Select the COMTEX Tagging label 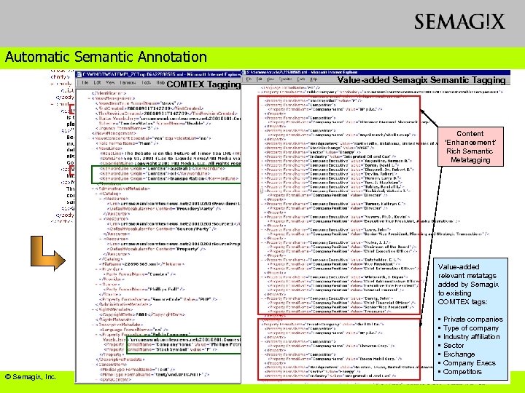[x=203, y=84]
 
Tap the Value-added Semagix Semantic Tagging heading [x=421, y=79]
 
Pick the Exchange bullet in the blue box [x=459, y=354]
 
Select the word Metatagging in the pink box [x=470, y=160]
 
